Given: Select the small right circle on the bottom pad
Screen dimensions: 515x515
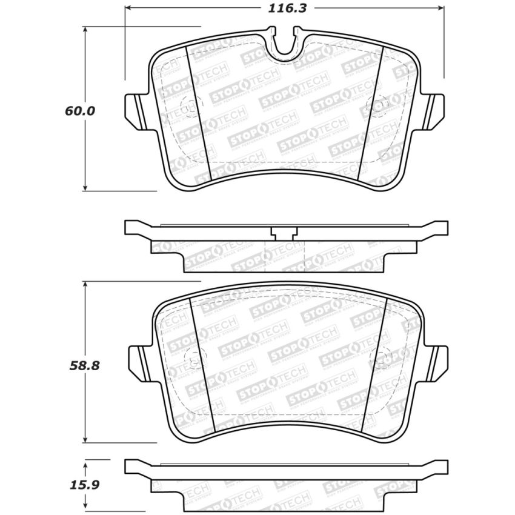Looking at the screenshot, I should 384,357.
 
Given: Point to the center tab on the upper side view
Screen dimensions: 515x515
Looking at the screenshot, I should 284,231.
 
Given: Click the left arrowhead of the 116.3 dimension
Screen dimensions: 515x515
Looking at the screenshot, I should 128,8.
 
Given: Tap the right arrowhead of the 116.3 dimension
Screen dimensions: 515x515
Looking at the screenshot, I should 440,8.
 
